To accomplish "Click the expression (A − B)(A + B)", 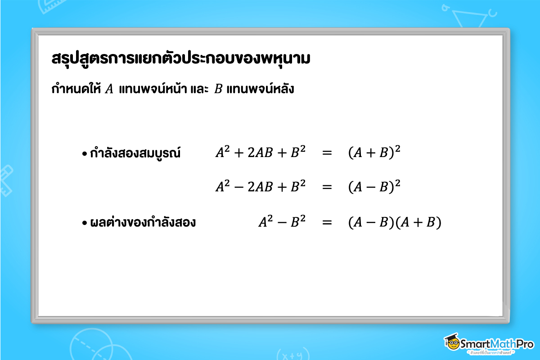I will [395, 222].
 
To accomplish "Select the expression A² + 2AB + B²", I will [261, 153].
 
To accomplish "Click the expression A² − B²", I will [282, 222].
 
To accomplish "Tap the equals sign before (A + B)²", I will [327, 153].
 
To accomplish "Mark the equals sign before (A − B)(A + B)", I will [327, 222].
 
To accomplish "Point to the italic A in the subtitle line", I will [109, 89].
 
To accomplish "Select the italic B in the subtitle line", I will [218, 89].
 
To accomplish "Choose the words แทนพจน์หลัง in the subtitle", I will [260, 89].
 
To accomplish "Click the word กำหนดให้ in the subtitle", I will [76, 89].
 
